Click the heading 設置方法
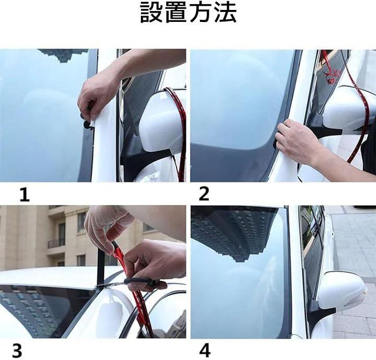(x=188, y=13)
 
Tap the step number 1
(x=24, y=195)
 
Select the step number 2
(x=204, y=194)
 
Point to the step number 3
(x=17, y=351)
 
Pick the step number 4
(x=205, y=351)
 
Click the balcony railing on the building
(x=56, y=243)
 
